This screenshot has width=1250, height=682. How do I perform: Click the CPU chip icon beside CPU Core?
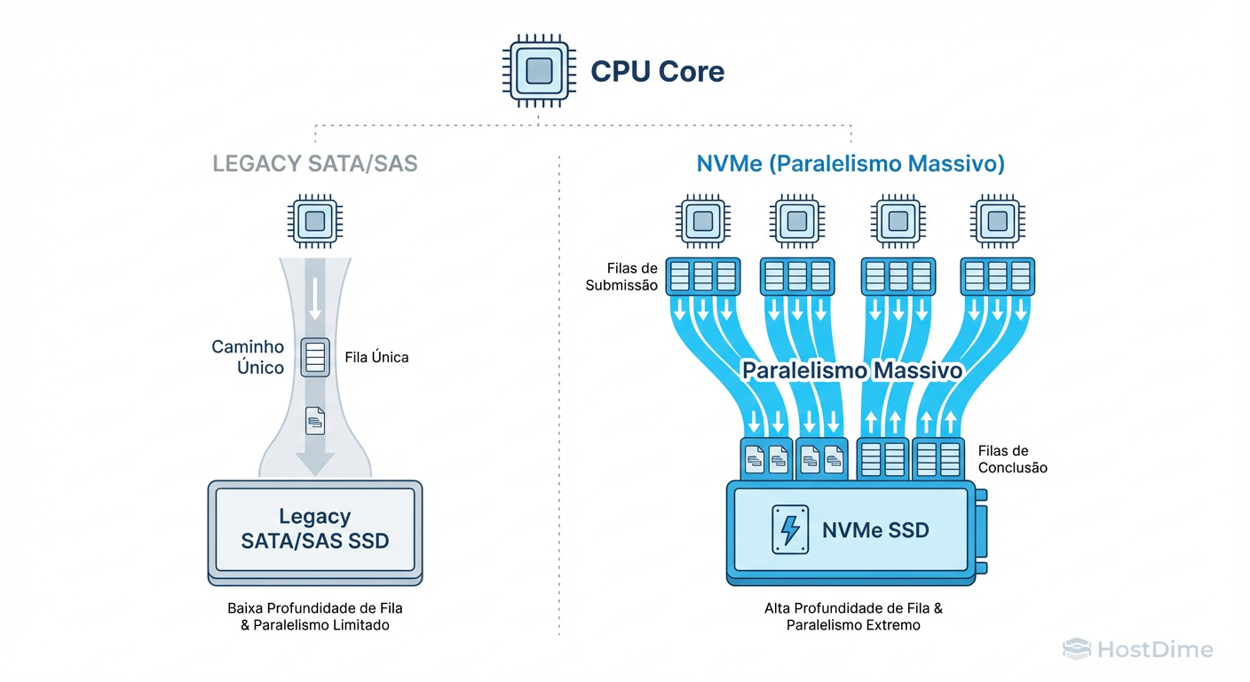click(539, 71)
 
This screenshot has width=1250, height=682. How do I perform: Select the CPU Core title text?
click(658, 71)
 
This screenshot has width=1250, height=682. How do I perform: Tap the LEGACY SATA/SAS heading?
click(315, 164)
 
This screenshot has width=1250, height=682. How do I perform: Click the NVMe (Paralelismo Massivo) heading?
click(850, 164)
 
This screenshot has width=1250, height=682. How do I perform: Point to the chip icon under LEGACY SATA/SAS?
click(315, 221)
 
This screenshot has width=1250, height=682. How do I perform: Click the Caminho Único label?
click(248, 357)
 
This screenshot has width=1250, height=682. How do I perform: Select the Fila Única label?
click(376, 358)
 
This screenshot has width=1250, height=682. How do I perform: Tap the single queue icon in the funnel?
click(315, 357)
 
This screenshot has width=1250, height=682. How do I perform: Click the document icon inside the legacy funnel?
click(315, 419)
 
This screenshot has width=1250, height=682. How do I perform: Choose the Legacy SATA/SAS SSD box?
click(315, 528)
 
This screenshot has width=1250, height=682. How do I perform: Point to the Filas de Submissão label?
click(621, 276)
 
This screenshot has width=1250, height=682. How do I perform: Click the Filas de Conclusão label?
click(1012, 459)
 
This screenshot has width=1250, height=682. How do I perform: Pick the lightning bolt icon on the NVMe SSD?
click(788, 530)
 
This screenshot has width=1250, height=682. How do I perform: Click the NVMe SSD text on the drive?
click(875, 531)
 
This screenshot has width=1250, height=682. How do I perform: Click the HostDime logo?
click(1138, 650)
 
